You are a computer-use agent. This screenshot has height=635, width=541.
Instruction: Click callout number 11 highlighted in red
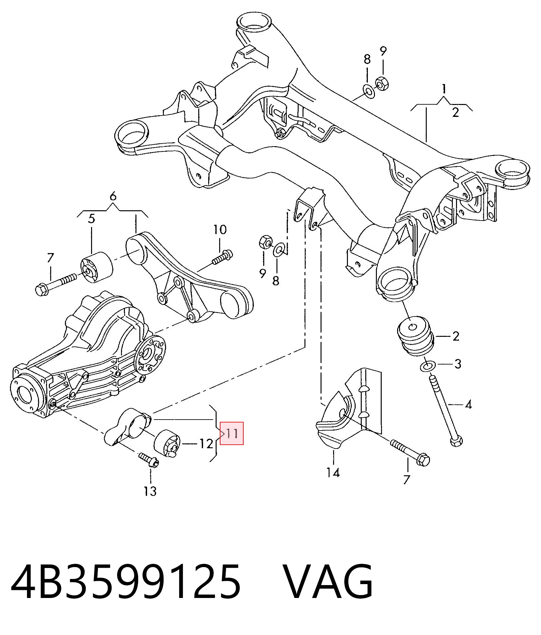point(231,433)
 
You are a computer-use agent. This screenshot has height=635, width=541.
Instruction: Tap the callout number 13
point(150,491)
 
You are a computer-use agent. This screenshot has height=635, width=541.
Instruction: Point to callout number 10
point(220,230)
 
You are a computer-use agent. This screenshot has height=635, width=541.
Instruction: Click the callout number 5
point(92,219)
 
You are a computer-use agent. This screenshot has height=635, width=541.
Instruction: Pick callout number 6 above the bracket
point(113,196)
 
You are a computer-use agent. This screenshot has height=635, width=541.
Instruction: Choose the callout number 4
point(468,404)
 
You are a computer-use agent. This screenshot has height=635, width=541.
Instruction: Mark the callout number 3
point(458,364)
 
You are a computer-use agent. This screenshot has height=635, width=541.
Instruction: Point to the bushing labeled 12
point(166,443)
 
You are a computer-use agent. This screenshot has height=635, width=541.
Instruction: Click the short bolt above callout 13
point(148,460)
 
